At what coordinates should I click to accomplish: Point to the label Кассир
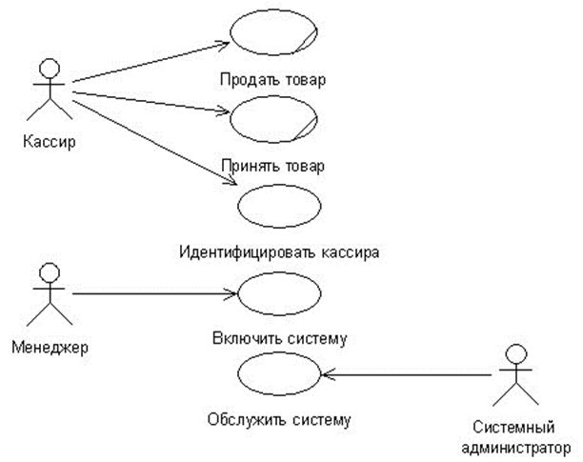point(50,141)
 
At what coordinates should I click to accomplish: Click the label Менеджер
point(50,348)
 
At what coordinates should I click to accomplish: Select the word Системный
point(513,427)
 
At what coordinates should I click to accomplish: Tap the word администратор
point(516,448)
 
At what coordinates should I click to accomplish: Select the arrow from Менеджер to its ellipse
point(154,293)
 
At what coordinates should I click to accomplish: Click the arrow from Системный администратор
point(406,375)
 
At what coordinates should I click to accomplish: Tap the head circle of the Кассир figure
point(50,68)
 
